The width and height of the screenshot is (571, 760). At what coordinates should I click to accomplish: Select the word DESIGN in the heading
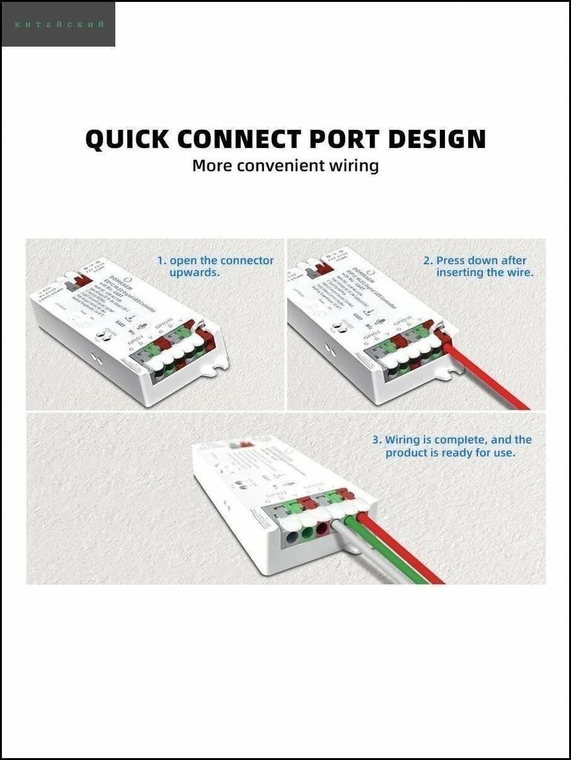[x=437, y=139]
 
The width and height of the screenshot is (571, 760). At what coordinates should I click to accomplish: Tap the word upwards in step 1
[x=194, y=273]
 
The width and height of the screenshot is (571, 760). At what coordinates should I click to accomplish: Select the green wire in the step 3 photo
[x=391, y=555]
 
